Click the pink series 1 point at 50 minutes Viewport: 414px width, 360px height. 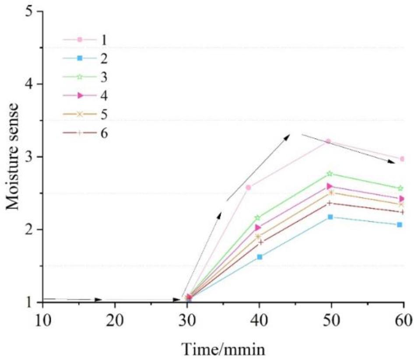[x=328, y=141]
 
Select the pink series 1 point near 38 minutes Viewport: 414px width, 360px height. [x=249, y=187]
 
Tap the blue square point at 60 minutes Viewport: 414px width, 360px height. [x=400, y=225]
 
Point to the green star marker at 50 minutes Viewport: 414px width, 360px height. [x=330, y=174]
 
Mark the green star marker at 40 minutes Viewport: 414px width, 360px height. [x=258, y=217]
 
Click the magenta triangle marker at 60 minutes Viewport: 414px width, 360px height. [x=401, y=199]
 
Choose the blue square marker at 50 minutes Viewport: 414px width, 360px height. [x=330, y=217]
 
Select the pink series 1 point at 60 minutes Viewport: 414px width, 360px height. [x=402, y=159]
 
